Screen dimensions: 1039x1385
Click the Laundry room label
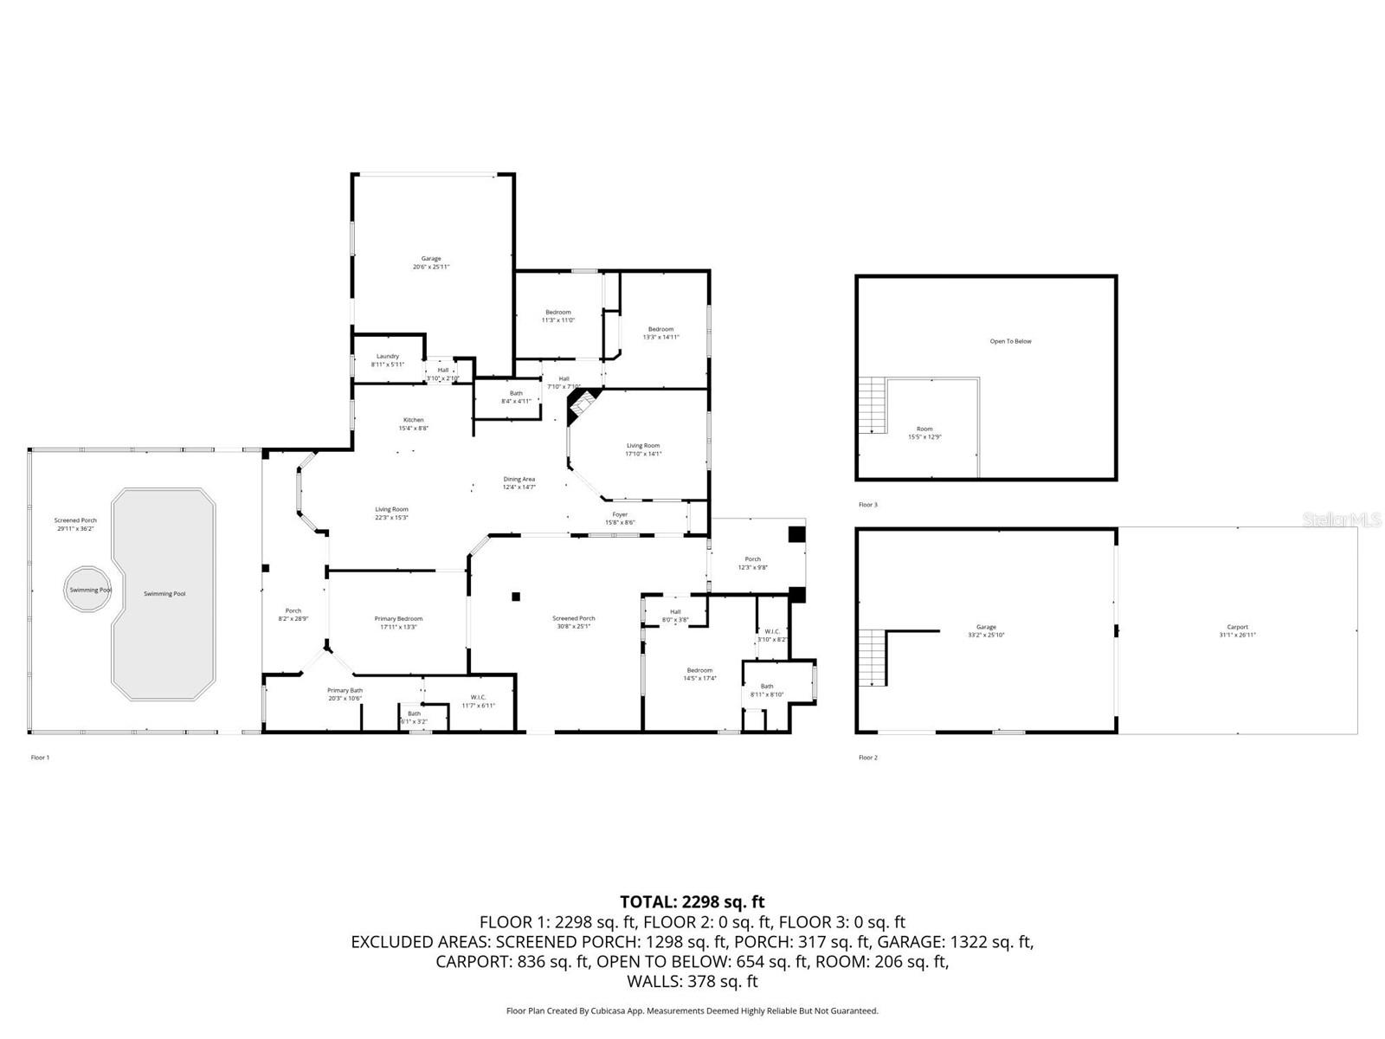(387, 360)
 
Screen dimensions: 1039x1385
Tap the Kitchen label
(413, 423)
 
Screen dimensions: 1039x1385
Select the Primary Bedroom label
(398, 623)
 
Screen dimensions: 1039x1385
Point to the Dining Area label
(519, 482)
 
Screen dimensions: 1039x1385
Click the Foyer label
(620, 518)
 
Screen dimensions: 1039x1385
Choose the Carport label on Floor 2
(1237, 630)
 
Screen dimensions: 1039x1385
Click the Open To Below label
(1010, 341)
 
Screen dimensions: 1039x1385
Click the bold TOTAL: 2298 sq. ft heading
(692, 902)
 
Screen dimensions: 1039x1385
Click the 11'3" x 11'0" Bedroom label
(557, 316)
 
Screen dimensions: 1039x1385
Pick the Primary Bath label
(345, 694)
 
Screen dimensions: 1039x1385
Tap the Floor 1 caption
(40, 758)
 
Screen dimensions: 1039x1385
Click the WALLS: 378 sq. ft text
(692, 982)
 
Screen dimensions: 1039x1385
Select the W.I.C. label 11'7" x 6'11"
(478, 700)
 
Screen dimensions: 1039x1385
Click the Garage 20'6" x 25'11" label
(431, 262)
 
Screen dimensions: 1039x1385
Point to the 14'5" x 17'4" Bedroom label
(699, 674)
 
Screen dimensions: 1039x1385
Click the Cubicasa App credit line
(692, 1010)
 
